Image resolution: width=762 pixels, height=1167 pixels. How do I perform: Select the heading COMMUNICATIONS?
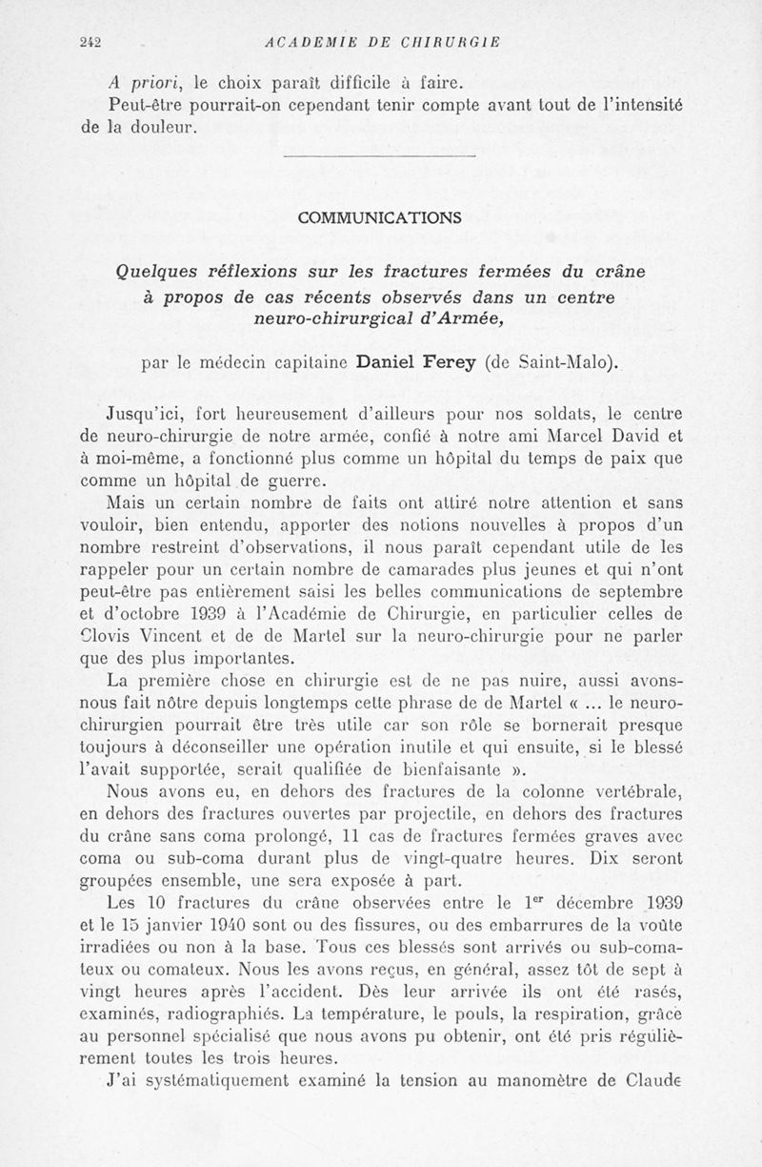[x=379, y=217]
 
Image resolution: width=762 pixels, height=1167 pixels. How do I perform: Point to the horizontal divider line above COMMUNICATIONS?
[x=379, y=155]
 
